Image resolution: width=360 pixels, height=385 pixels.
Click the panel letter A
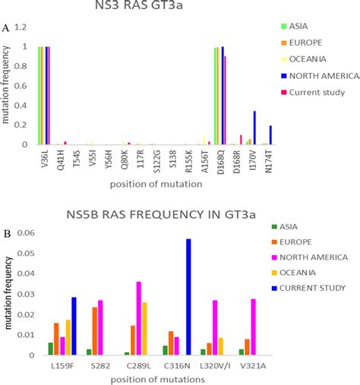[6, 27]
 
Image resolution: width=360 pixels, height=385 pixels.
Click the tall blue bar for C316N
[189, 296]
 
